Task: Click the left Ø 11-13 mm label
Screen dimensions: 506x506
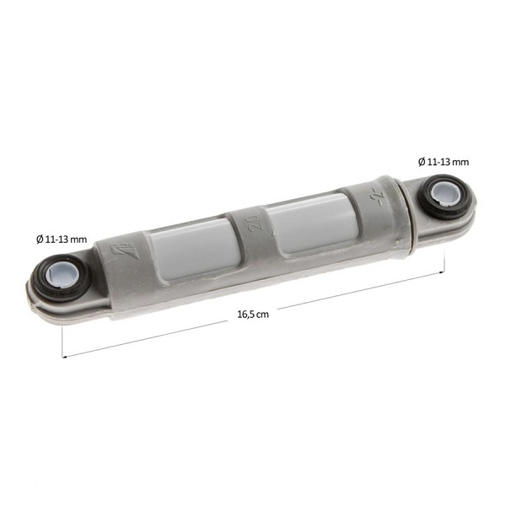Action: [62, 240]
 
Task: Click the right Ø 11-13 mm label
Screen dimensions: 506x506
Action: [444, 162]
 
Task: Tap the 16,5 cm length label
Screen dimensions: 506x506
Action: [253, 315]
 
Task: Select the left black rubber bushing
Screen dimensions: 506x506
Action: [62, 277]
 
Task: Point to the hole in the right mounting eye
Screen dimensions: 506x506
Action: [447, 194]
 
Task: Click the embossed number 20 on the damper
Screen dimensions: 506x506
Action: [255, 223]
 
